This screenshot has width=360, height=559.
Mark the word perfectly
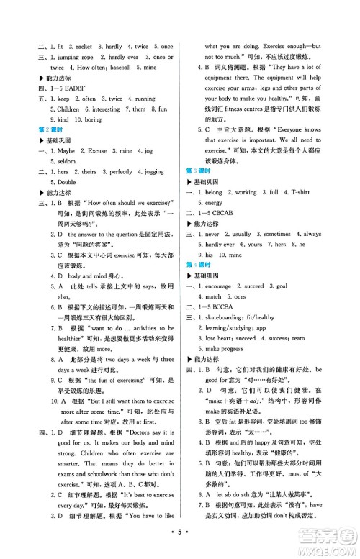click(x=121, y=193)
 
